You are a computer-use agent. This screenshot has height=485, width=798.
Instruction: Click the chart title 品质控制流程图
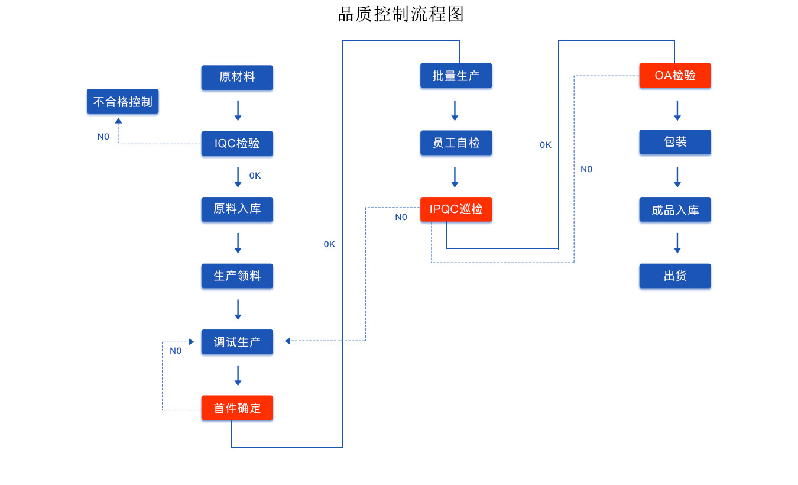click(x=400, y=14)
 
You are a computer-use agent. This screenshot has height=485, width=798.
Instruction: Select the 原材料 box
click(x=237, y=77)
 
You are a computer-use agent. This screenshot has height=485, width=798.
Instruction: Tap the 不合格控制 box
click(x=122, y=102)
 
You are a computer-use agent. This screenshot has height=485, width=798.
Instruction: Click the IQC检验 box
click(x=237, y=143)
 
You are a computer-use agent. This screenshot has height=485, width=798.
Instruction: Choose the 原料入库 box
click(x=237, y=209)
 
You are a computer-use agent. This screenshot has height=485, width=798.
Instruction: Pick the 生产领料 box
click(x=237, y=276)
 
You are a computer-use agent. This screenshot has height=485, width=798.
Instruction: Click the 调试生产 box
click(x=237, y=342)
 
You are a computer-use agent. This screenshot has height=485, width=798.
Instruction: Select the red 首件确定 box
click(x=237, y=408)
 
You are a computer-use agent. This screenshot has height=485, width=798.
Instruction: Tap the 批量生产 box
click(x=456, y=76)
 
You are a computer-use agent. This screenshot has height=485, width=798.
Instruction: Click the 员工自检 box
click(x=456, y=143)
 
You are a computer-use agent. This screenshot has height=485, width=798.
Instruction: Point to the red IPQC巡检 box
click(x=456, y=209)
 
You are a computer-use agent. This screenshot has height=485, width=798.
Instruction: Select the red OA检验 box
click(x=674, y=76)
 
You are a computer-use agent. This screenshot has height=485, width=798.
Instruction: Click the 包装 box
click(x=674, y=143)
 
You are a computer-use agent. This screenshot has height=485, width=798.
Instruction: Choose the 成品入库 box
click(x=674, y=209)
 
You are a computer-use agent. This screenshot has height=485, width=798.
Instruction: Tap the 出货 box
click(x=674, y=276)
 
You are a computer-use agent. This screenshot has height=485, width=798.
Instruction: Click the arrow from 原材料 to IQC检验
click(x=238, y=111)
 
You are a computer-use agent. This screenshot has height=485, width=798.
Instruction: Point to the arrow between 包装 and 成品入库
click(x=677, y=177)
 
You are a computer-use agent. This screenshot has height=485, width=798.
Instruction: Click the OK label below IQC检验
click(x=255, y=176)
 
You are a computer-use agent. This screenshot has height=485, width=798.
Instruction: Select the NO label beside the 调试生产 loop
click(x=176, y=351)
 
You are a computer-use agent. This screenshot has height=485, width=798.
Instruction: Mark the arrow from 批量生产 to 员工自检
click(x=455, y=111)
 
